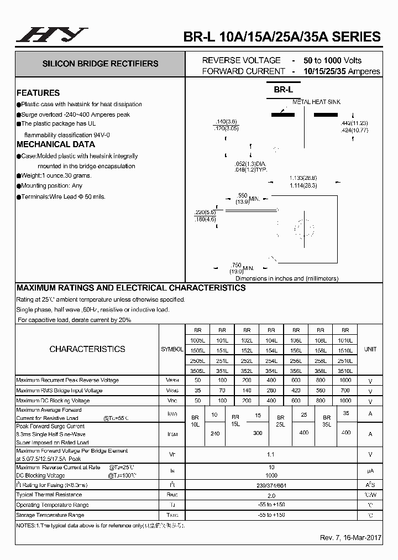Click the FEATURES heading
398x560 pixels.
click(x=38, y=93)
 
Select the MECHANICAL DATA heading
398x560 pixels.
click(x=56, y=144)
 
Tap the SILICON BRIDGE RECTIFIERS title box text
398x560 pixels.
click(x=100, y=64)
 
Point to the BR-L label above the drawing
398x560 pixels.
click(x=284, y=89)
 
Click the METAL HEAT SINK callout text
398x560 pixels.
click(x=316, y=102)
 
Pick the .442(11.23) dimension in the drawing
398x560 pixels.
click(x=354, y=123)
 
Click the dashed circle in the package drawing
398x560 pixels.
click(x=303, y=228)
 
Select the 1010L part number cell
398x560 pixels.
click(x=345, y=340)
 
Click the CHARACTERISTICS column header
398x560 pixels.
click(x=87, y=349)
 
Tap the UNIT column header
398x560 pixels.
click(x=370, y=349)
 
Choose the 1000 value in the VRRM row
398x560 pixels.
click(x=345, y=380)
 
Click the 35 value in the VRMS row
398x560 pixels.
click(x=197, y=391)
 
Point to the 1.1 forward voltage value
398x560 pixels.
click(x=271, y=454)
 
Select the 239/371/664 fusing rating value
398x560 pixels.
click(x=271, y=485)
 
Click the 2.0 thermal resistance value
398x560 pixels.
click(x=271, y=495)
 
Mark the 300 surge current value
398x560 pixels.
click(x=258, y=433)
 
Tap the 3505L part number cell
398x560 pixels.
click(x=197, y=371)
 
